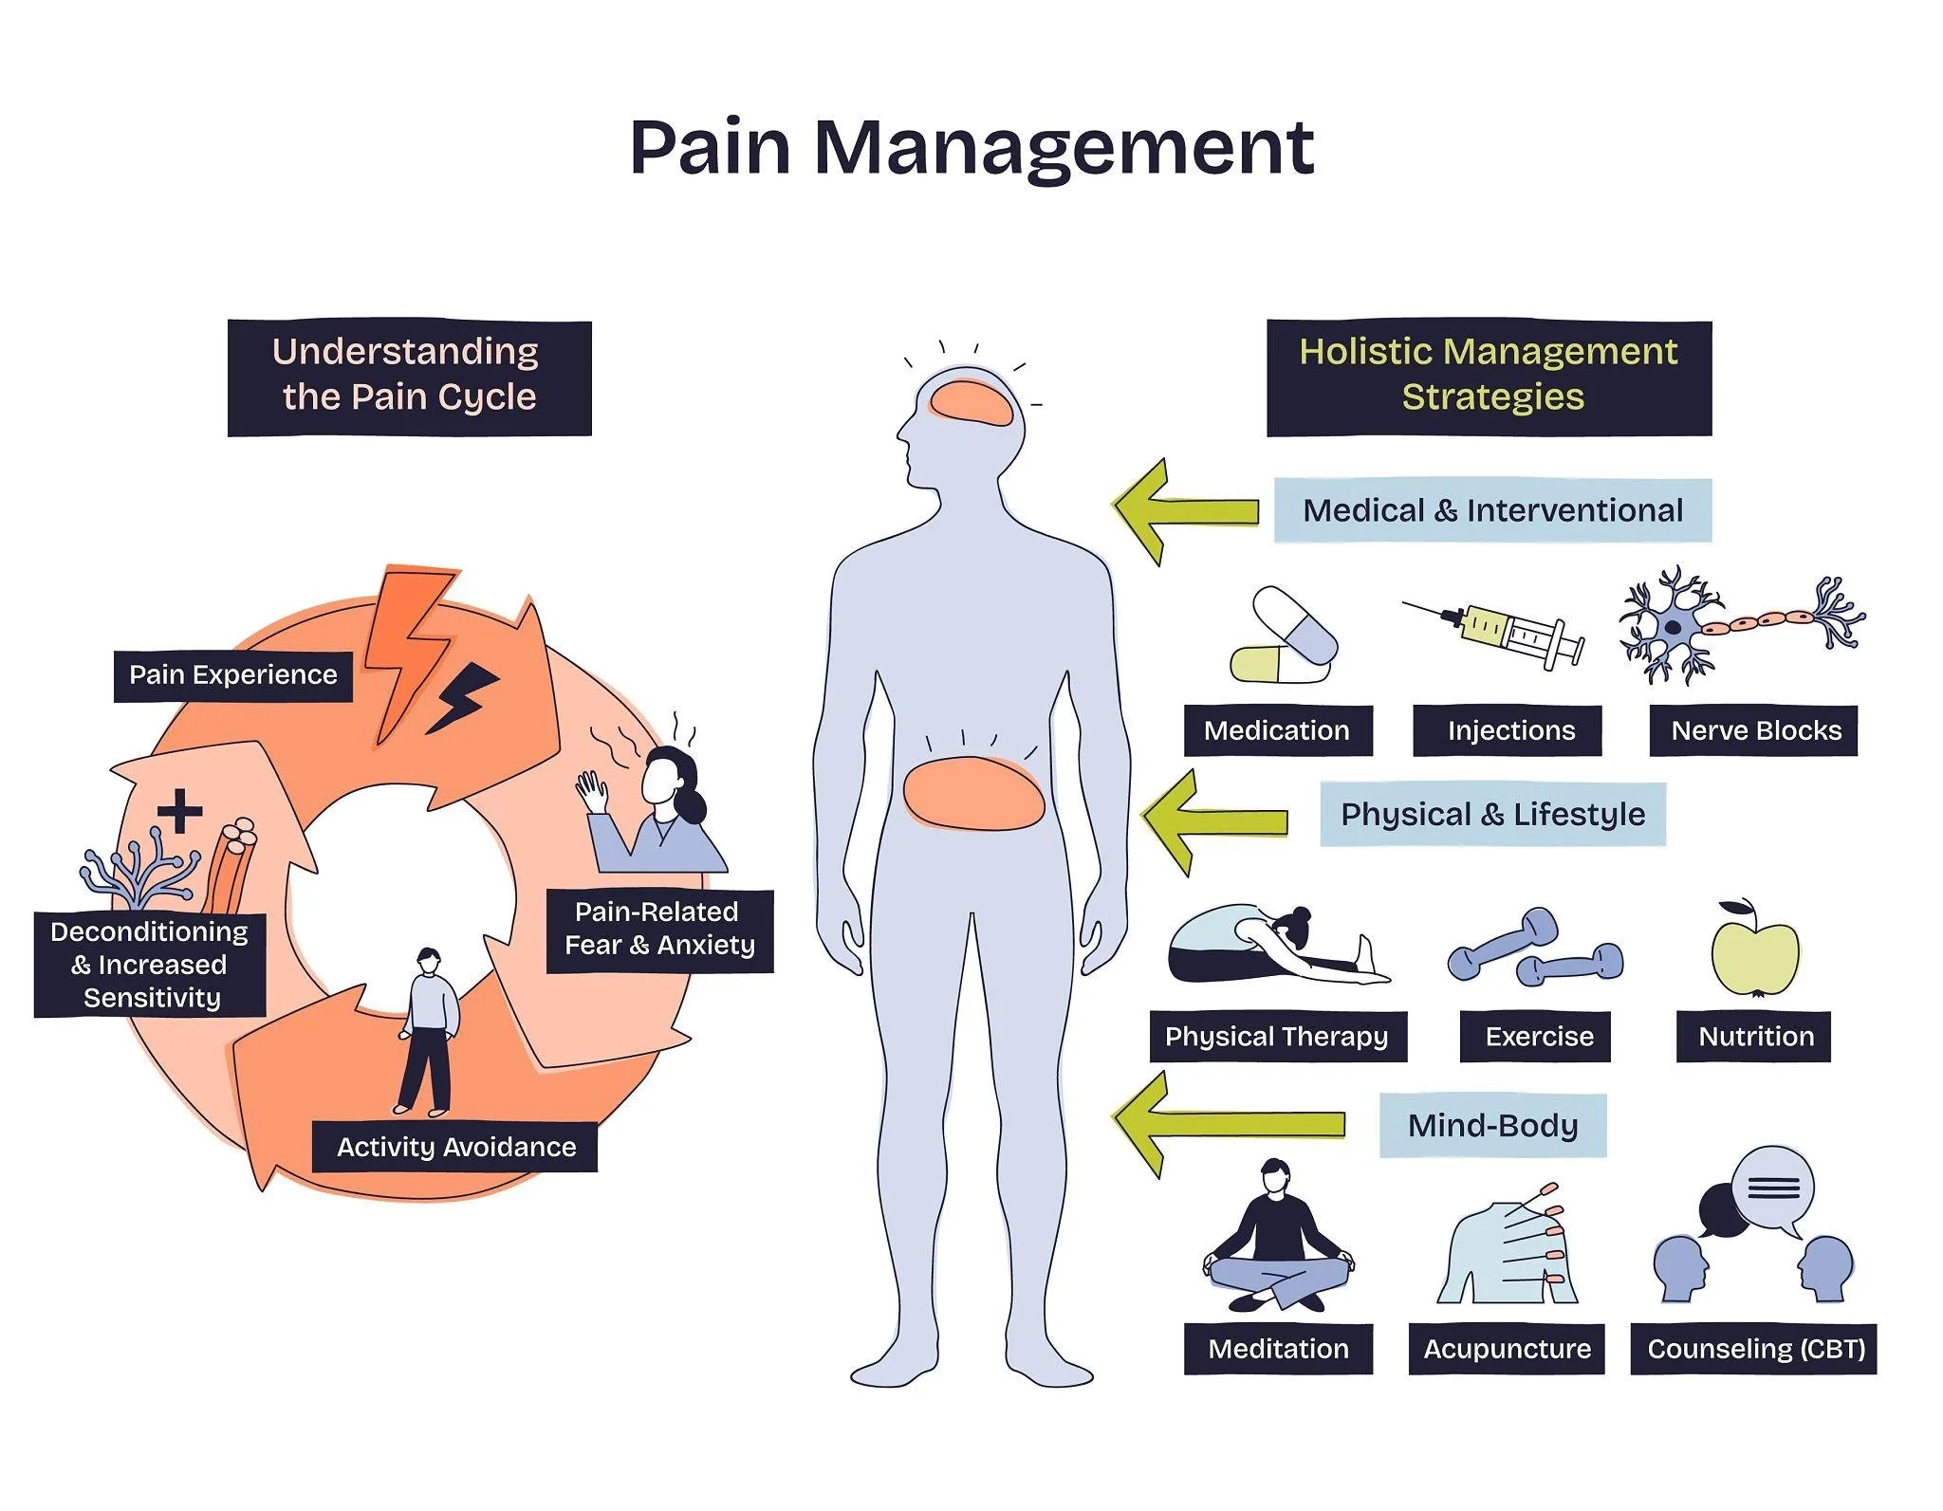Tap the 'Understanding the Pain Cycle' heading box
(409, 378)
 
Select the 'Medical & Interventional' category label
(1492, 510)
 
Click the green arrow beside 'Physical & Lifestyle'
(1214, 821)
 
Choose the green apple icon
(1754, 949)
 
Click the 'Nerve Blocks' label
(1754, 730)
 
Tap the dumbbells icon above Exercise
(1535, 949)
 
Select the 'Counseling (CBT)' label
(1754, 1349)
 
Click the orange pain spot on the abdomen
(973, 794)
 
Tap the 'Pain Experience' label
(233, 675)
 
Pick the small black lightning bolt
(462, 698)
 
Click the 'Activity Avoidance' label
(455, 1147)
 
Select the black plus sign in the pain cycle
(179, 812)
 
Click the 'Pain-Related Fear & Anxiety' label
(660, 931)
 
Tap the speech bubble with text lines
(1772, 1189)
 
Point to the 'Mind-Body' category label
(1492, 1126)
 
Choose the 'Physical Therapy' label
(1277, 1036)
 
